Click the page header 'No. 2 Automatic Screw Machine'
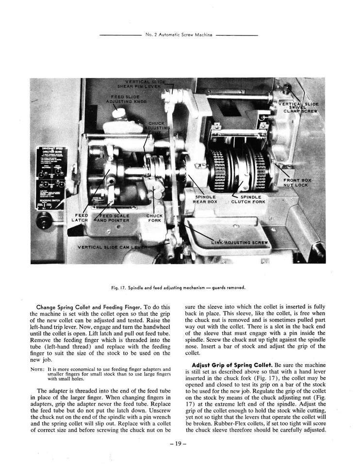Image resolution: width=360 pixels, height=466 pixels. (178, 35)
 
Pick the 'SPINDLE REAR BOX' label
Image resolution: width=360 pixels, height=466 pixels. (205, 199)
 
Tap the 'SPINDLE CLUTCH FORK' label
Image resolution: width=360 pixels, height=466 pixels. (248, 199)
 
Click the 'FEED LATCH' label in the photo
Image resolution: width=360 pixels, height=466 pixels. (80, 217)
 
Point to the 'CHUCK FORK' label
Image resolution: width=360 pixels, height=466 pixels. (154, 217)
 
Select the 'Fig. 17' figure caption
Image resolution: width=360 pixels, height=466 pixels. (178, 287)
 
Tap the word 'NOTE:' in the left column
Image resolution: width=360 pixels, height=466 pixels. (37, 369)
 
